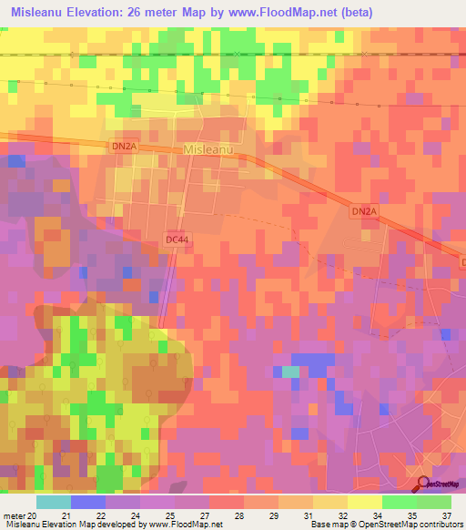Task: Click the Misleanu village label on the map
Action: coord(208,149)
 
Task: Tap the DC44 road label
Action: coord(177,239)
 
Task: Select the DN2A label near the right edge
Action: coord(362,211)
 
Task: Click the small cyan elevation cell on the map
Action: coord(289,372)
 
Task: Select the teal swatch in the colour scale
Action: coord(54,501)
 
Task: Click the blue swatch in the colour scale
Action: coord(88,501)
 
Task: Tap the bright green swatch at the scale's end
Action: coord(434,501)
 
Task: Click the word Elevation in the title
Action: coord(106,13)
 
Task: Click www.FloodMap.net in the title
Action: coord(277,13)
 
